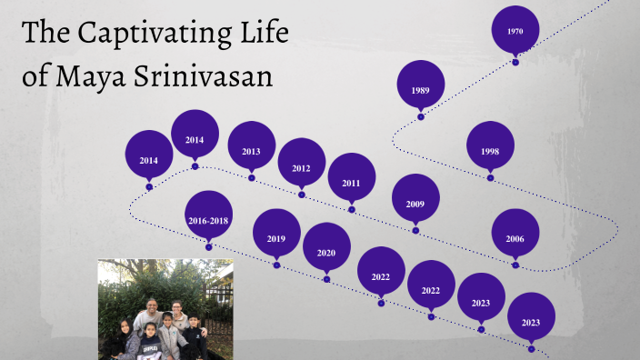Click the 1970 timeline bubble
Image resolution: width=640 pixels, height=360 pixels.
[x=515, y=31]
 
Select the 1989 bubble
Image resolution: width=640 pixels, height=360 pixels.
[x=420, y=89]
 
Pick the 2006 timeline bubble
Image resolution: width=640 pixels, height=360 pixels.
[x=515, y=237]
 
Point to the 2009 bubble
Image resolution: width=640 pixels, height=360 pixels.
[x=415, y=203]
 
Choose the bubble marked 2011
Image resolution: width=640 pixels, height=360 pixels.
[x=352, y=182]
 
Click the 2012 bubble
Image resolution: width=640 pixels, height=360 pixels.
[x=302, y=167]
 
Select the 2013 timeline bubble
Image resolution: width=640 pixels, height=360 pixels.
[x=252, y=151]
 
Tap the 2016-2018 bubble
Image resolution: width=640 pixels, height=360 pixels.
[x=208, y=220]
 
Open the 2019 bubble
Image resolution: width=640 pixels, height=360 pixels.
[x=276, y=237]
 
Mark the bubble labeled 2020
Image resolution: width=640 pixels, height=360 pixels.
[x=326, y=252]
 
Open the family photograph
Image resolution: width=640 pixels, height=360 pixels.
[x=165, y=309]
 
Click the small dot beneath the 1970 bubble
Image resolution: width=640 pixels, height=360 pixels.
[x=515, y=62]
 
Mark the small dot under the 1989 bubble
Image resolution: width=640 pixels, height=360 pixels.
[x=420, y=117]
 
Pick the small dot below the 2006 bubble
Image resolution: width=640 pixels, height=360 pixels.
[x=515, y=265]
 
